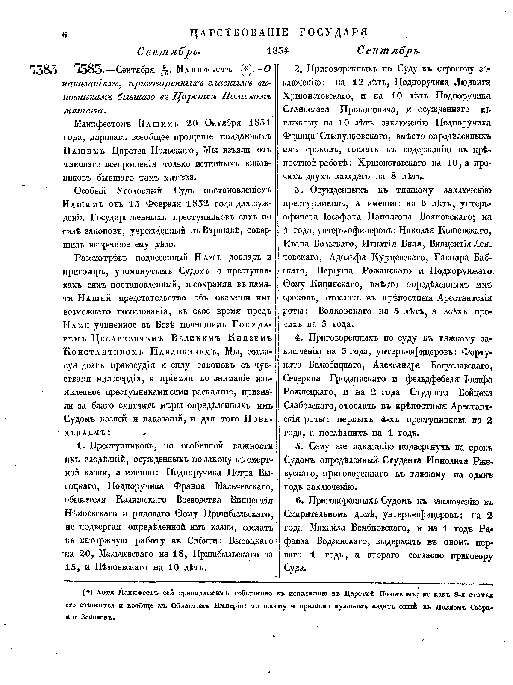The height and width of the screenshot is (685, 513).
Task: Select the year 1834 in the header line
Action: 278,51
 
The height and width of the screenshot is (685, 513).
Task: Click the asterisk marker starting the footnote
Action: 87,593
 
